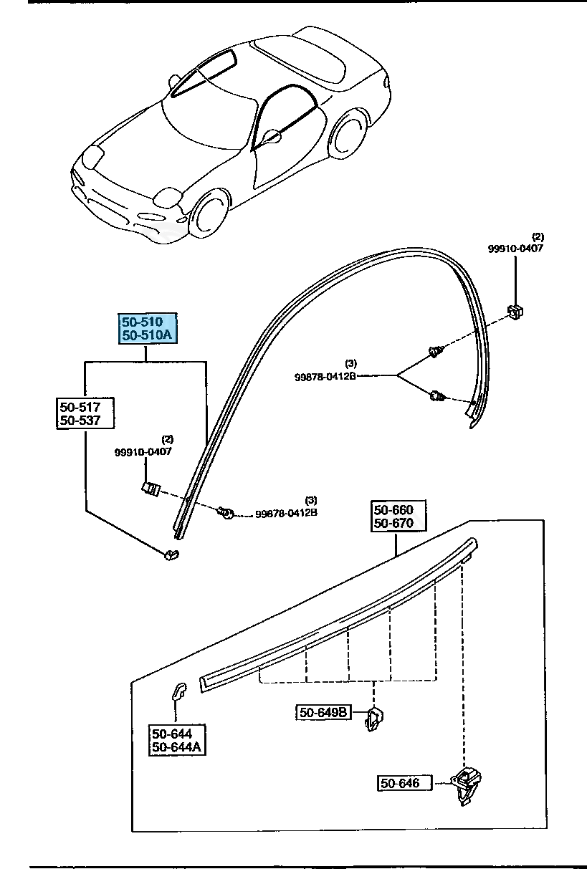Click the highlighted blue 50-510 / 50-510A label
147,328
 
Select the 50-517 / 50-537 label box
85,413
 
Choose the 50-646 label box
404,783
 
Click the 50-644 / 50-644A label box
176,740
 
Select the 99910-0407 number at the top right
515,249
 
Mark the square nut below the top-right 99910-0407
515,312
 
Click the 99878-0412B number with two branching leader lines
325,375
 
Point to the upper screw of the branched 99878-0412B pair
435,352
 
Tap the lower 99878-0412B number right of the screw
286,513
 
